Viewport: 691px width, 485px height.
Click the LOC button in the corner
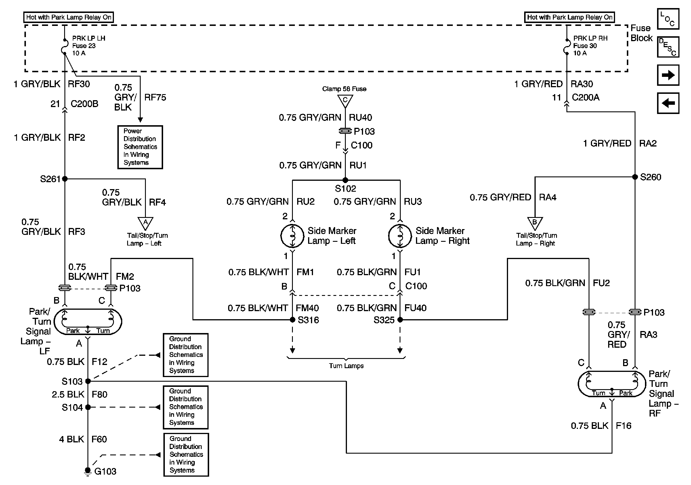point(668,19)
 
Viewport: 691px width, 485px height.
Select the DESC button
point(668,47)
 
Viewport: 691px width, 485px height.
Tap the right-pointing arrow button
point(668,75)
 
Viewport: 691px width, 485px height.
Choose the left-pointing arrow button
point(668,103)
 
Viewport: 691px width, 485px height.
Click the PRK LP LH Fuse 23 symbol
point(65,47)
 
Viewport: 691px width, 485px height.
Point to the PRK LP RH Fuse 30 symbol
point(566,47)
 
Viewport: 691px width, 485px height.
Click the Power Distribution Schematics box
point(140,147)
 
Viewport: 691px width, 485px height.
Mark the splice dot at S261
point(65,179)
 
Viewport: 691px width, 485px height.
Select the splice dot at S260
point(635,177)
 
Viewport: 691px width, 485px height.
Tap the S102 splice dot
point(345,180)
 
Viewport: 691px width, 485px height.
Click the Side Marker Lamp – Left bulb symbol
point(292,236)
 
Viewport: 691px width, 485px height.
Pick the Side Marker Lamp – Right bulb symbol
point(400,236)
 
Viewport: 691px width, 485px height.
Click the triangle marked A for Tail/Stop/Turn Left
point(145,223)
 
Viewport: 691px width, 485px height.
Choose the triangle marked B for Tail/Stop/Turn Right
point(535,223)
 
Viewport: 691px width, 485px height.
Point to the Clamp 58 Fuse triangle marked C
point(345,100)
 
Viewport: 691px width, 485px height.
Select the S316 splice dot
point(292,320)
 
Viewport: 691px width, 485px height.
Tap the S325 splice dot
point(400,320)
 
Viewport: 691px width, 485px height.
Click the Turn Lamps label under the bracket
point(346,366)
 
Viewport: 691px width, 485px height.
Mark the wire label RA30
point(581,84)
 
